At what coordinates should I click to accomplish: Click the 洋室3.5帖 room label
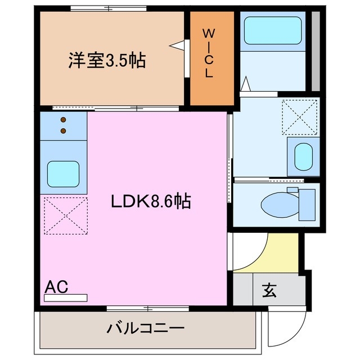point(107,60)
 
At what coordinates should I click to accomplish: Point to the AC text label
point(56,287)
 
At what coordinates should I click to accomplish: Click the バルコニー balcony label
point(146,328)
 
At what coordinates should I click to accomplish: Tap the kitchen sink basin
point(63,174)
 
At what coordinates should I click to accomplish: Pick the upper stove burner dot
point(63,119)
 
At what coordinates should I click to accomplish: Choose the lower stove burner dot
point(63,130)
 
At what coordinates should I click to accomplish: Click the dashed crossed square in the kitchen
point(64,214)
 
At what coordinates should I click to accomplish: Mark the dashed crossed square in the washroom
point(300,117)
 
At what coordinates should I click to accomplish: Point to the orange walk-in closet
point(211,79)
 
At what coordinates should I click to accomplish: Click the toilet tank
point(307,204)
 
